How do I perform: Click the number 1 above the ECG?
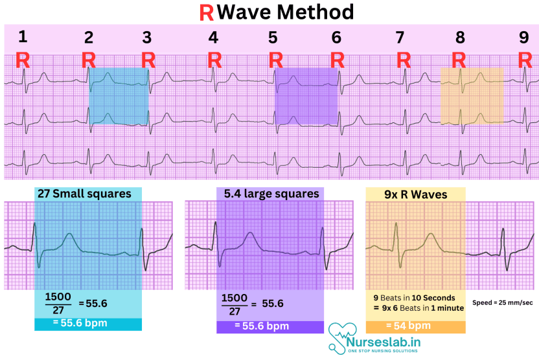point(23,37)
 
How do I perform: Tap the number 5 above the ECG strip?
point(273,38)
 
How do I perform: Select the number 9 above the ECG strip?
point(523,38)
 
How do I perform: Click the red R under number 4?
point(214,60)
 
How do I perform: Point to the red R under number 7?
point(404,60)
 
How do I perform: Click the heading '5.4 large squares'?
point(271,194)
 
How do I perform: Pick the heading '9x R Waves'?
point(415,194)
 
